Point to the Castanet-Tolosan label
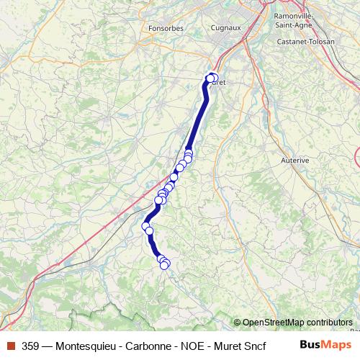click(x=306, y=42)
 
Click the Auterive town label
click(x=294, y=160)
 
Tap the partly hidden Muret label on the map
click(x=220, y=83)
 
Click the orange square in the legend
click(x=10, y=346)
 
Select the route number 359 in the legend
click(x=31, y=346)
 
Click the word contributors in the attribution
click(x=330, y=323)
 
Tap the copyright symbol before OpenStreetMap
click(x=237, y=323)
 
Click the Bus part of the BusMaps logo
click(x=311, y=345)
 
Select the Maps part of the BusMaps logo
click(x=337, y=345)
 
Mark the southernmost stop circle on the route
click(x=164, y=265)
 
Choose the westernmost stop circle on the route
click(x=145, y=226)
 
